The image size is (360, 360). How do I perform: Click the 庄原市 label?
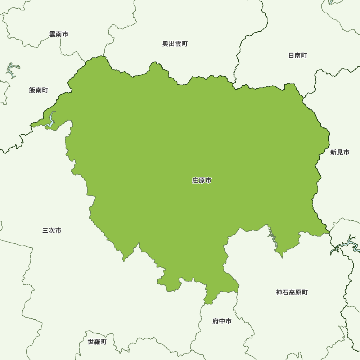coord(202,180)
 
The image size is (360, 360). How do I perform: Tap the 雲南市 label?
coord(59,34)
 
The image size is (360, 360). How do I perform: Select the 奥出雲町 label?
coord(175,44)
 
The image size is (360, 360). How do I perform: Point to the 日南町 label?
coord(298,56)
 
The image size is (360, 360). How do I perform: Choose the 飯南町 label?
coord(39,90)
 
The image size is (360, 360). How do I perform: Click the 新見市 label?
coord(340,152)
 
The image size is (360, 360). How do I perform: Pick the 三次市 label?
coord(52,230)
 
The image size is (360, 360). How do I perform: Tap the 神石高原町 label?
coord(292,292)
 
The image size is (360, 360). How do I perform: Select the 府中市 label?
coord(222,321)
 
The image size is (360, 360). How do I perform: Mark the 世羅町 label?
coord(97,342)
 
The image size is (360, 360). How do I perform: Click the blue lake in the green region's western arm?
coord(51,121)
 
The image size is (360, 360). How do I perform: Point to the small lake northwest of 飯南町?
coord(12,70)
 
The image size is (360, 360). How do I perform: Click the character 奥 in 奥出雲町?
coord(165,44)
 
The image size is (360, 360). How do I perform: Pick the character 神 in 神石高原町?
coord(279,292)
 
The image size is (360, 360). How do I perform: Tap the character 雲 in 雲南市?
coord(52,34)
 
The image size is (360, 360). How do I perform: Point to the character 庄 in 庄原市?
coord(195,180)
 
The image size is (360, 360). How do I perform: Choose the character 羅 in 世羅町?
coord(97,342)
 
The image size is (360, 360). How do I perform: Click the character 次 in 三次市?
coord(52,230)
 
